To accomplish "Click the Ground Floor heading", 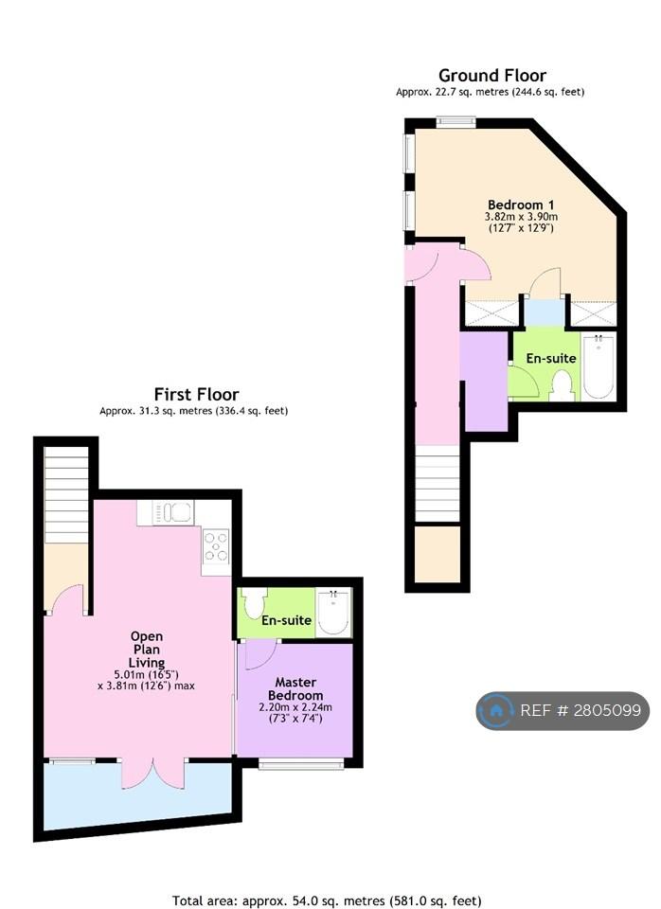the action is click(492, 76).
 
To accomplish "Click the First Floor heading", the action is click(197, 394).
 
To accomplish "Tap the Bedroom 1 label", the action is click(521, 205).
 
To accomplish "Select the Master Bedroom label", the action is click(295, 688).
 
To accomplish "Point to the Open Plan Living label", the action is click(147, 650).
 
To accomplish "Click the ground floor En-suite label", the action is click(551, 358).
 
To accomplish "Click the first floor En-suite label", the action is click(286, 620).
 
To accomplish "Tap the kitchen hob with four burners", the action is click(216, 546).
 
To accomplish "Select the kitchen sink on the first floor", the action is click(172, 512).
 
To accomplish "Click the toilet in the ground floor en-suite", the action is click(562, 385).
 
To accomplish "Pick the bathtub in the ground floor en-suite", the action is click(598, 366).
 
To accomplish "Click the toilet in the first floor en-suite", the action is click(254, 603).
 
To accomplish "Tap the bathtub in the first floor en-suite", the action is click(333, 614).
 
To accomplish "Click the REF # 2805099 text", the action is click(581, 710).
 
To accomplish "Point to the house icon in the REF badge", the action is click(495, 711).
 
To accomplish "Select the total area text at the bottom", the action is click(327, 900).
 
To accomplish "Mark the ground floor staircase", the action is click(438, 484).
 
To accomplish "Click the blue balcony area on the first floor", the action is click(138, 794).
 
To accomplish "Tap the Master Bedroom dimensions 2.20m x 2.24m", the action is click(295, 707).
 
